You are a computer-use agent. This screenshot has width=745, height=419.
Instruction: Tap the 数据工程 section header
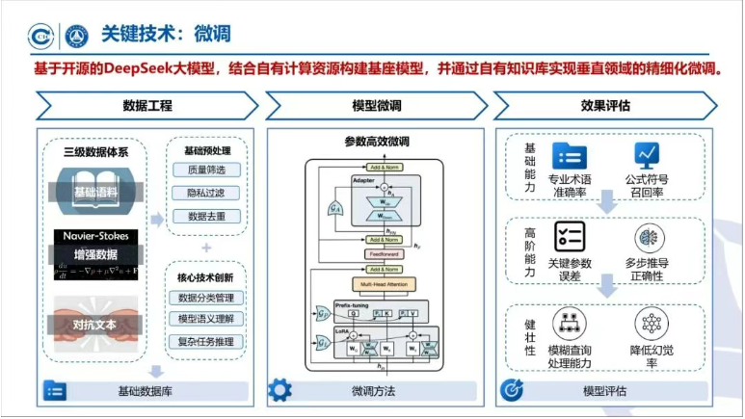[x=146, y=105]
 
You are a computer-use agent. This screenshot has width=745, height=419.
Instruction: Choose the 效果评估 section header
[x=603, y=105]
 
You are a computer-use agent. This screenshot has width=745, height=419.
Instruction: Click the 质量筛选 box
[x=207, y=170]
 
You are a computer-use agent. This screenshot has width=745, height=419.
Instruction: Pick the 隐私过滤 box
[x=207, y=193]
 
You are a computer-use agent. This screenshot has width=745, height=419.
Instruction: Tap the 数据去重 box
[x=207, y=216]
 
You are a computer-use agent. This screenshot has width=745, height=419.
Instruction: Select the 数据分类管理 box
[x=206, y=298]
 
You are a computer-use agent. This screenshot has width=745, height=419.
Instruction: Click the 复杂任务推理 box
[x=206, y=341]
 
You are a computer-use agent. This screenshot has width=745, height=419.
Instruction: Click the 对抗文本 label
[x=94, y=325]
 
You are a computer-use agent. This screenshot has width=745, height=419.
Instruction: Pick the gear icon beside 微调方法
[x=279, y=390]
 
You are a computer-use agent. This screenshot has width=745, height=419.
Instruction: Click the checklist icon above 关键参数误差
[x=569, y=235]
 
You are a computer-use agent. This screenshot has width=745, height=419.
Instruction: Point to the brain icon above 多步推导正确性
[x=650, y=236]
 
